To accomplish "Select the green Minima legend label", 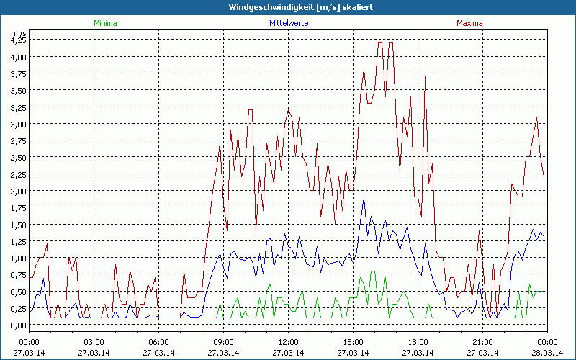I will point(105,23).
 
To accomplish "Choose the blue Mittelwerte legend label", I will point(289,23).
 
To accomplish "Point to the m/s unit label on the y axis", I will point(19,33).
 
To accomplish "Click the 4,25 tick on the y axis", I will point(18,40).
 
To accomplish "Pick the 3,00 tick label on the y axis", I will point(18,124).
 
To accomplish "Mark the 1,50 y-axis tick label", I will point(18,225).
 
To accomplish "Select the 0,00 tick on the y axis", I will point(18,325).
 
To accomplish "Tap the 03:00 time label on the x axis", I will point(94,342).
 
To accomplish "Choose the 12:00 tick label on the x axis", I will point(288,342).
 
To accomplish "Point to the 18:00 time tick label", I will point(418,342).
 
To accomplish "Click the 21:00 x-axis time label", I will point(482,342).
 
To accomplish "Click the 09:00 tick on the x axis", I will point(223,342).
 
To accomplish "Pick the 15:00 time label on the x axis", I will point(353,342).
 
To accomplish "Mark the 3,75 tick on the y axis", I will point(18,73).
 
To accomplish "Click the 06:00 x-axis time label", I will point(158,342).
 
